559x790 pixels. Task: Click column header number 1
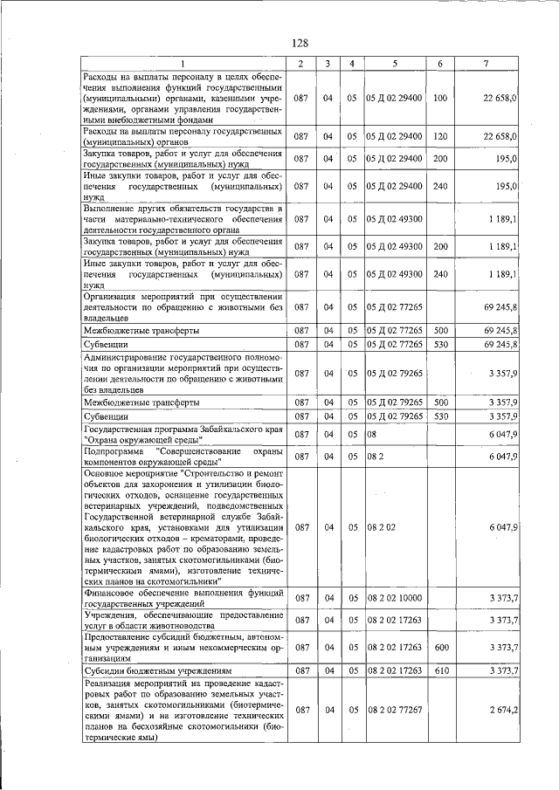tap(183, 63)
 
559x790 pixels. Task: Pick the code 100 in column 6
tap(439, 99)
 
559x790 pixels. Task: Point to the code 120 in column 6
tap(439, 136)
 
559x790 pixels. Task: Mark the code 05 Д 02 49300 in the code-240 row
tap(395, 274)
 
